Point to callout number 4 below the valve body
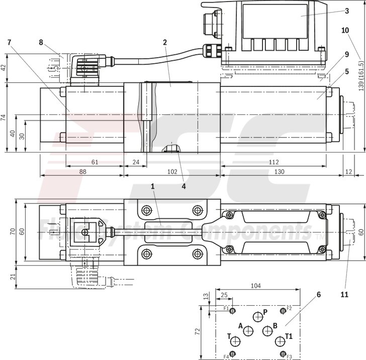click(184, 185)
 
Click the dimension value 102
click(172, 171)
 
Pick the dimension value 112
click(273, 162)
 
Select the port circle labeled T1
click(280, 341)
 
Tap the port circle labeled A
click(248, 330)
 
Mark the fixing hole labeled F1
click(233, 311)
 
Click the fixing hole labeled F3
click(283, 353)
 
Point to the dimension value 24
click(136, 162)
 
